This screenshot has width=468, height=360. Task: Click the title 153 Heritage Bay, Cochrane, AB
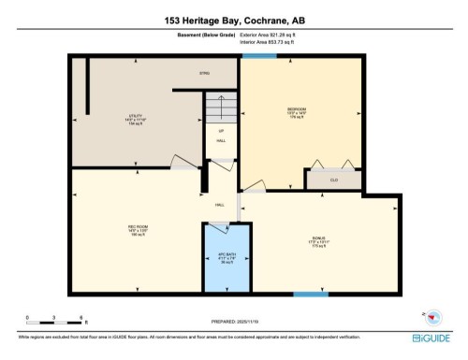[233, 19]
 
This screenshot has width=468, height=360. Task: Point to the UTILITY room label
[136, 121]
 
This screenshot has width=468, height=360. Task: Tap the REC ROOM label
[139, 228]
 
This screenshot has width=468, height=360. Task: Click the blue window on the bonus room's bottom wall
[310, 295]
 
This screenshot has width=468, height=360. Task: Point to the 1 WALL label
[220, 205]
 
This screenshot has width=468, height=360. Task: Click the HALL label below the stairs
[221, 140]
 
